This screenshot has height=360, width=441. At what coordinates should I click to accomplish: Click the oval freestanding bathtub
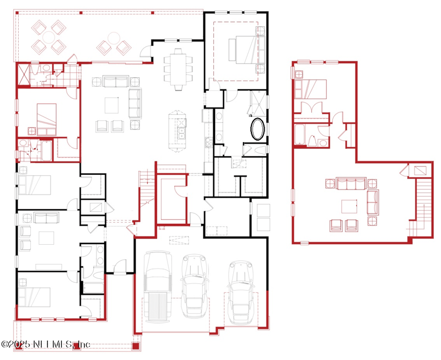pyautogui.click(x=257, y=129)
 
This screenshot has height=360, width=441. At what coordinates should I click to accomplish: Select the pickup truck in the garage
pyautogui.click(x=158, y=286)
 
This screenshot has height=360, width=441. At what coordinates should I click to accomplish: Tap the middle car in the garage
pyautogui.click(x=195, y=286)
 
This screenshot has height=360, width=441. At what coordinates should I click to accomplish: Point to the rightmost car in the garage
pyautogui.click(x=241, y=293)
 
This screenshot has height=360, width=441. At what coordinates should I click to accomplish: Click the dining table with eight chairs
pyautogui.click(x=178, y=69)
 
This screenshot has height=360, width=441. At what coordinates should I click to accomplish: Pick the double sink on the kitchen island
pyautogui.click(x=182, y=133)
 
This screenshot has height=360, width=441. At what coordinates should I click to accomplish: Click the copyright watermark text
pyautogui.click(x=46, y=344)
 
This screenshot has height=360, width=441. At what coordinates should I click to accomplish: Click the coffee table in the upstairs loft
pyautogui.click(x=349, y=206)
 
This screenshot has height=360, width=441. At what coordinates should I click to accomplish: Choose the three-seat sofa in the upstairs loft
pyautogui.click(x=351, y=184)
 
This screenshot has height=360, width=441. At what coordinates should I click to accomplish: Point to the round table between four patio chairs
pyautogui.click(x=49, y=37)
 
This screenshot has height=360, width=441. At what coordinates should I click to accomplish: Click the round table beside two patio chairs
pyautogui.click(x=114, y=38)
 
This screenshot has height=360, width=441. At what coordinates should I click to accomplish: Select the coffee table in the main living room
pyautogui.click(x=112, y=105)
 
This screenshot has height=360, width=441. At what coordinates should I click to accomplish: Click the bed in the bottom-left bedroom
pyautogui.click(x=34, y=297)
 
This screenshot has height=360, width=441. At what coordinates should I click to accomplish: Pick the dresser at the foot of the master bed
pyautogui.click(x=232, y=50)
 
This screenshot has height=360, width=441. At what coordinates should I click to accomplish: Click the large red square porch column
pyautogui.click(x=136, y=346)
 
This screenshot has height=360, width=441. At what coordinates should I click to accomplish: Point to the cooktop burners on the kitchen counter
pyautogui.click(x=208, y=142)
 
